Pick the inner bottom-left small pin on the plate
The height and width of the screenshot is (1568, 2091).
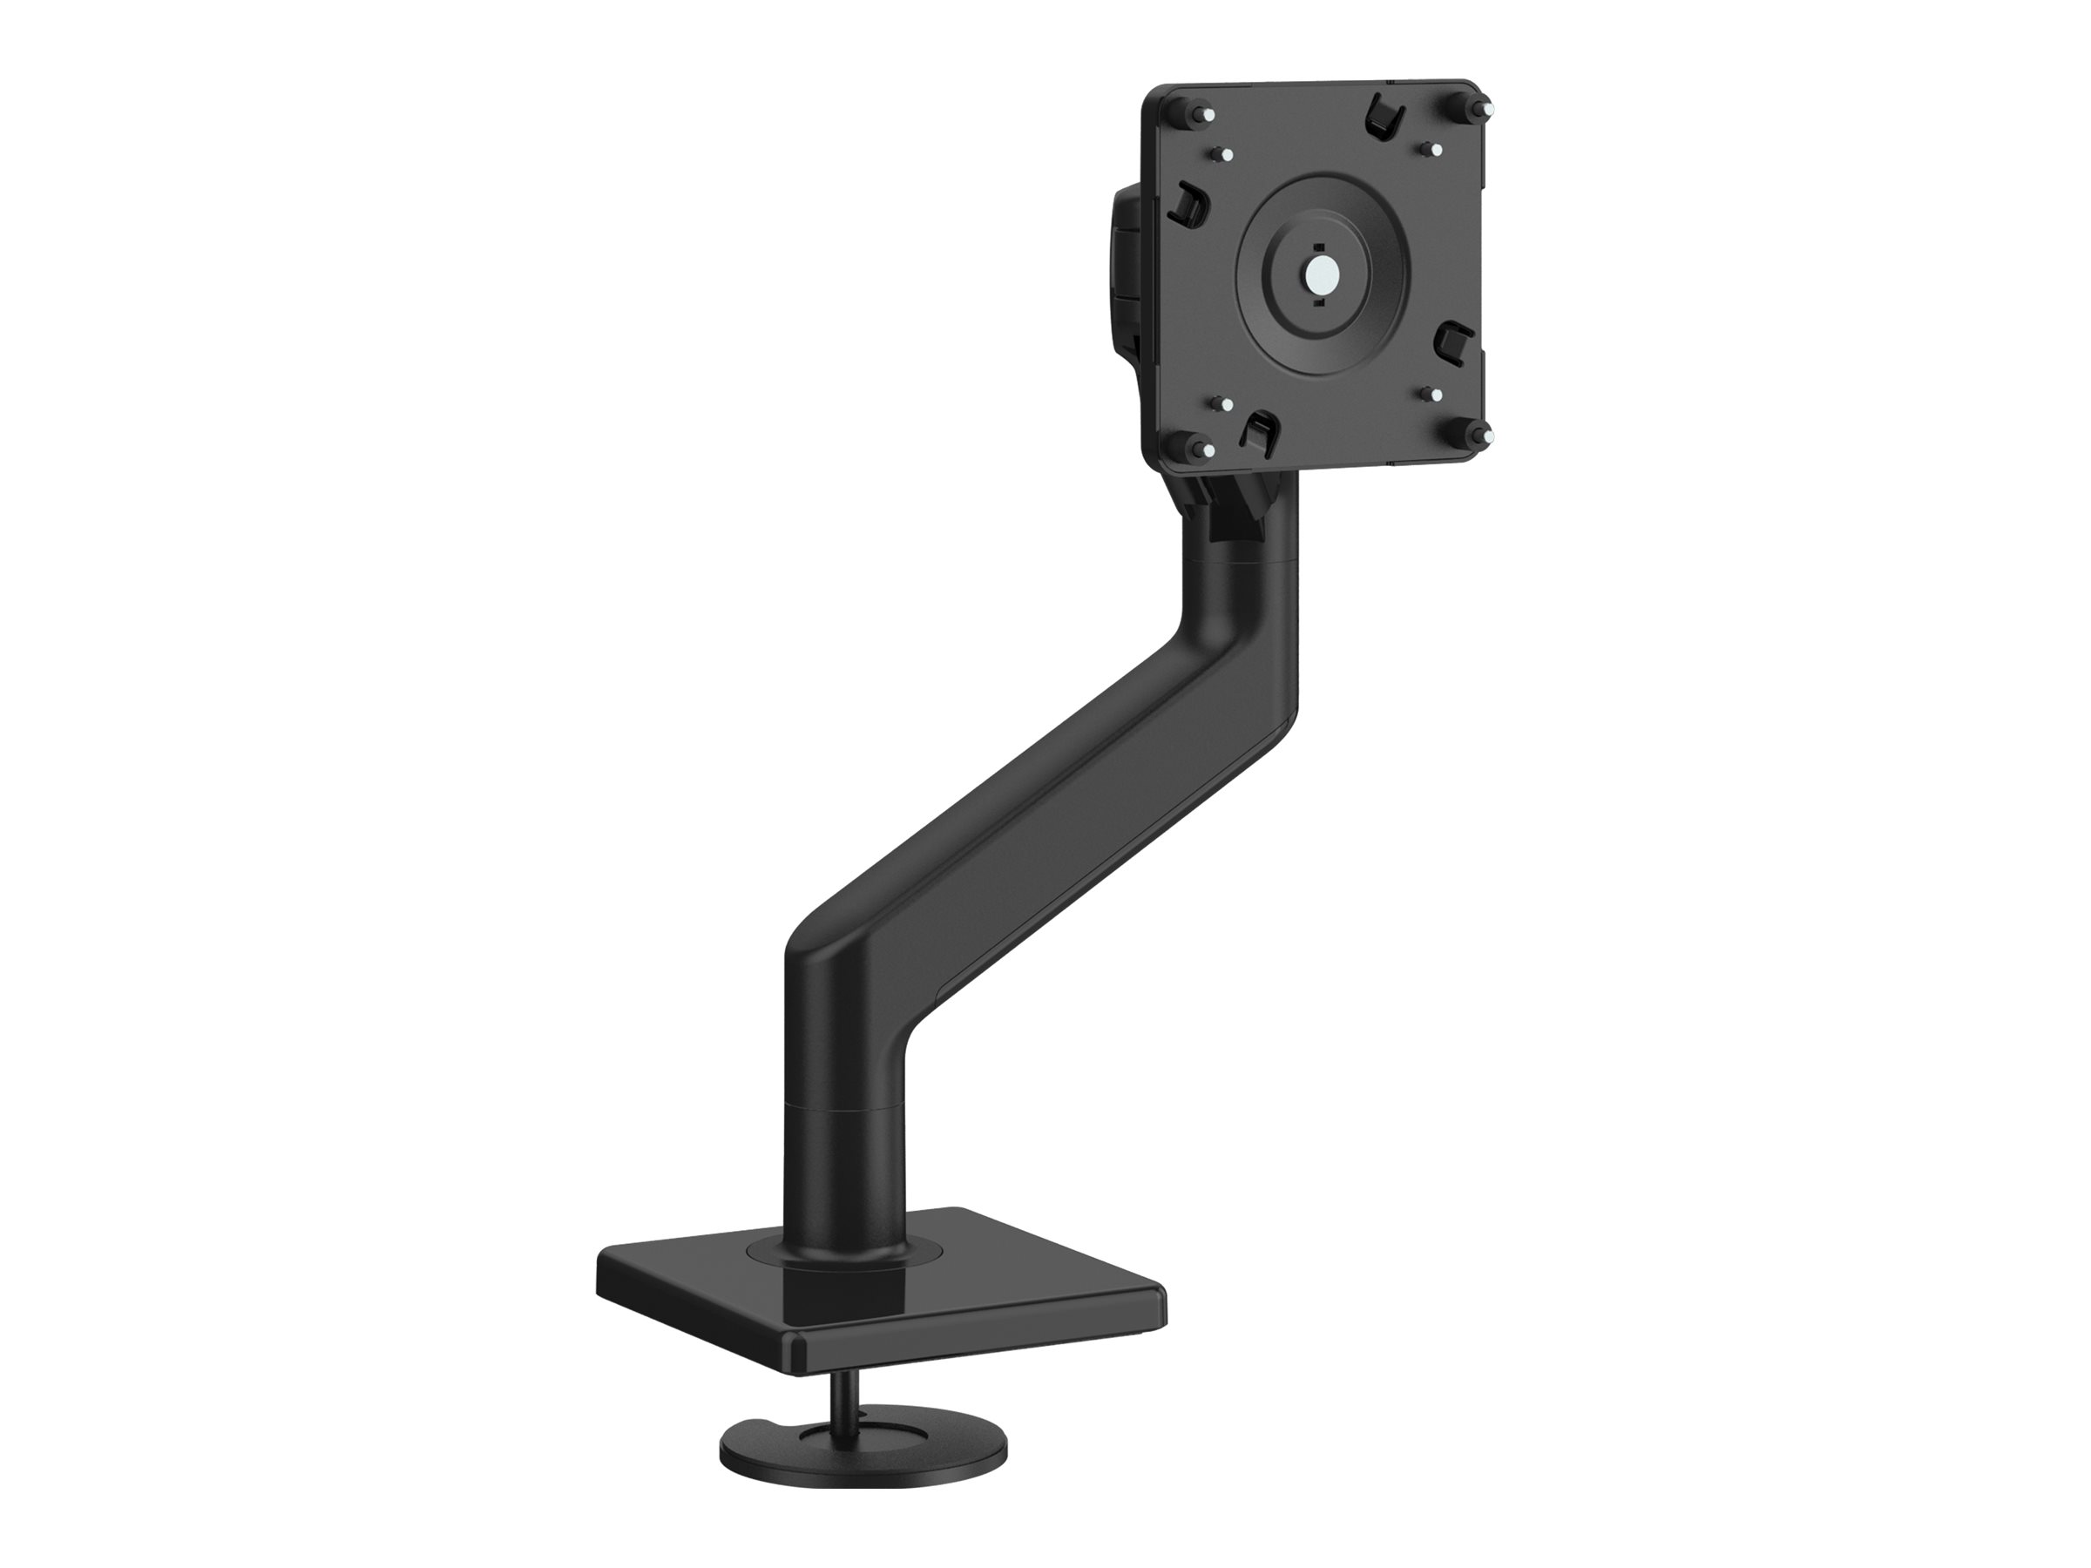(x=1226, y=403)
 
